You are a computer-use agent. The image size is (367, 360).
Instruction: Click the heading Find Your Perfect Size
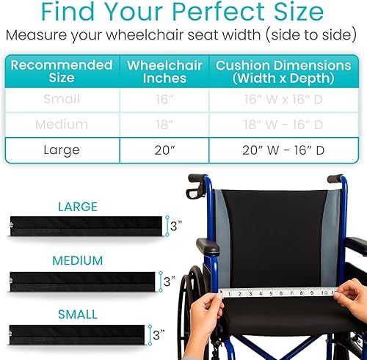(183, 12)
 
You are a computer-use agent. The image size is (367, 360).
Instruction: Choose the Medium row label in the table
(62, 125)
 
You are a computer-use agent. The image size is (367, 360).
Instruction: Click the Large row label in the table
(62, 150)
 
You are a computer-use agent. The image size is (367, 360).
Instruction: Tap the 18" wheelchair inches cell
(164, 125)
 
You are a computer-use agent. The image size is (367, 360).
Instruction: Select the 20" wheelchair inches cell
(164, 150)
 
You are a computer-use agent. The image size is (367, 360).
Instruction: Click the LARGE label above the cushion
(77, 207)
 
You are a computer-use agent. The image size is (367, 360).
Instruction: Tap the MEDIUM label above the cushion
(77, 260)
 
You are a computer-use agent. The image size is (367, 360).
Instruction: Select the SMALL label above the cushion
(77, 314)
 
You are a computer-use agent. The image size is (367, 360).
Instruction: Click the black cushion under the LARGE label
(84, 227)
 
